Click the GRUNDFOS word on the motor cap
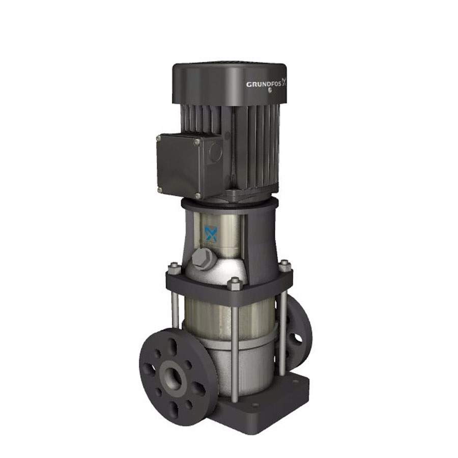point(264,84)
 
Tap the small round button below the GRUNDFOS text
point(269,90)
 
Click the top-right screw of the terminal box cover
point(197,142)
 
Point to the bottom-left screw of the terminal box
point(159,190)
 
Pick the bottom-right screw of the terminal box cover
point(198,196)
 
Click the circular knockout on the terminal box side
point(216,152)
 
